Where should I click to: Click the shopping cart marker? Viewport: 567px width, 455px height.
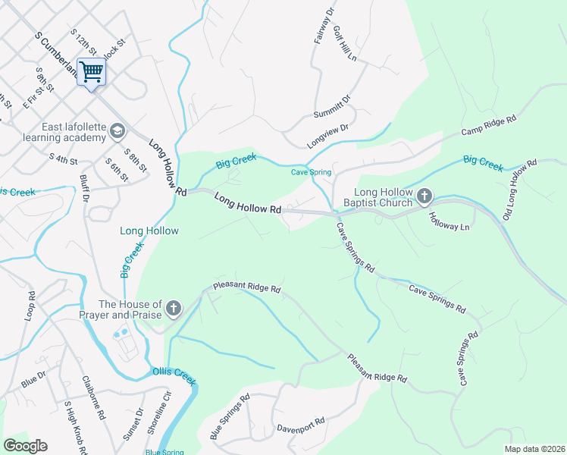pyautogui.click(x=91, y=73)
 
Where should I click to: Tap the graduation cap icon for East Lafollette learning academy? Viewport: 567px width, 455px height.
pyautogui.click(x=117, y=131)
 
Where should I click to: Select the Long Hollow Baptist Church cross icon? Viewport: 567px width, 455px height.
pyautogui.click(x=424, y=197)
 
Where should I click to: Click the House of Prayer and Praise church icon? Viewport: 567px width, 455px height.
pyautogui.click(x=174, y=309)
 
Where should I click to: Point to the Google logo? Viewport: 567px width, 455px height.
pyautogui.click(x=25, y=446)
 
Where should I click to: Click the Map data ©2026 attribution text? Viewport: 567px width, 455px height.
pyautogui.click(x=534, y=449)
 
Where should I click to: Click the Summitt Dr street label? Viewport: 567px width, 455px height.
pyautogui.click(x=333, y=108)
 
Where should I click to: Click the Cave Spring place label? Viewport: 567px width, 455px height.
pyautogui.click(x=312, y=172)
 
